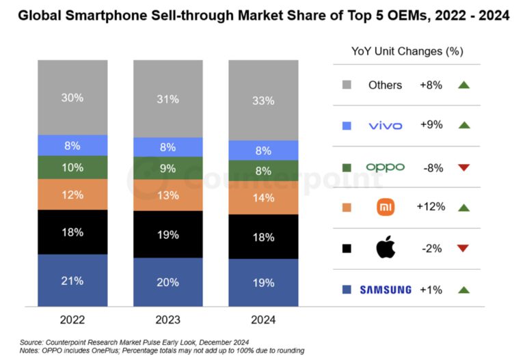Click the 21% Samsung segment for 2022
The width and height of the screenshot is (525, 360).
(x=72, y=281)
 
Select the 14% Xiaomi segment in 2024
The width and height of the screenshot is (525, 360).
(x=263, y=197)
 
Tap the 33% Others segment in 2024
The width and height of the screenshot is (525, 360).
(x=263, y=100)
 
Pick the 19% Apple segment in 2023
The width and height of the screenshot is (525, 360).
(x=167, y=234)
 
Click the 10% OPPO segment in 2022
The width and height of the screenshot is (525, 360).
(x=72, y=167)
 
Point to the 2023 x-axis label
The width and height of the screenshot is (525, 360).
(x=167, y=319)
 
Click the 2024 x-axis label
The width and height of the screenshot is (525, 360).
(x=263, y=319)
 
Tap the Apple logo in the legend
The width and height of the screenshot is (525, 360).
(x=386, y=249)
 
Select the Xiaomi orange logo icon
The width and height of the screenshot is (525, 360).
(x=386, y=208)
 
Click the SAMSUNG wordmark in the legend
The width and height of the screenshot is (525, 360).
(x=386, y=290)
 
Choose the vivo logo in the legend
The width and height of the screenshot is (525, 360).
(x=386, y=126)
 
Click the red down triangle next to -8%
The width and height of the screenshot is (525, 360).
(x=464, y=167)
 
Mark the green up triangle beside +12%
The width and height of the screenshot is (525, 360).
(x=464, y=208)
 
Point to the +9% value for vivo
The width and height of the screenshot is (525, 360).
(x=431, y=126)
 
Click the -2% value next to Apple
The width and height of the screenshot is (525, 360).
(x=431, y=249)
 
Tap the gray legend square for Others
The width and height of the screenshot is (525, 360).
(x=347, y=85)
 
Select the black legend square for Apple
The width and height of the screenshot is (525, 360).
(x=347, y=249)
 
